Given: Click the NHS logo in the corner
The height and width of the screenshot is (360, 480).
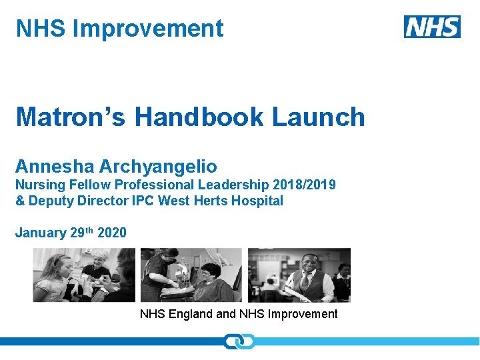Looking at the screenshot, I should tap(432, 27).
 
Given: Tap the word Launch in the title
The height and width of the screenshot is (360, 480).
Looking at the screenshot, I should tap(319, 117).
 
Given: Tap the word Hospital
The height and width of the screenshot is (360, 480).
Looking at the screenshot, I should tap(257, 201).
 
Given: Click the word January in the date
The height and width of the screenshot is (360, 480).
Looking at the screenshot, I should tap(41, 233).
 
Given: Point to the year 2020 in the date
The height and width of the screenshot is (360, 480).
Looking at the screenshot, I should tap(111, 233).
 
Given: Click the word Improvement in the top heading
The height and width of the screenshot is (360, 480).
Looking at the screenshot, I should tap(148, 29).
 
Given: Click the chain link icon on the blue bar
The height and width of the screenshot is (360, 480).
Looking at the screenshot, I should tap(239, 341).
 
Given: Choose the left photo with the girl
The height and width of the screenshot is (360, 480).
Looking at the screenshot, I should tap(84, 275).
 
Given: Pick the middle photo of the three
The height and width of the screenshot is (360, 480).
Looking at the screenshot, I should tap(191, 275).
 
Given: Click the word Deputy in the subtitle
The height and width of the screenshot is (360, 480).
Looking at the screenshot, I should tap(50, 201).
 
